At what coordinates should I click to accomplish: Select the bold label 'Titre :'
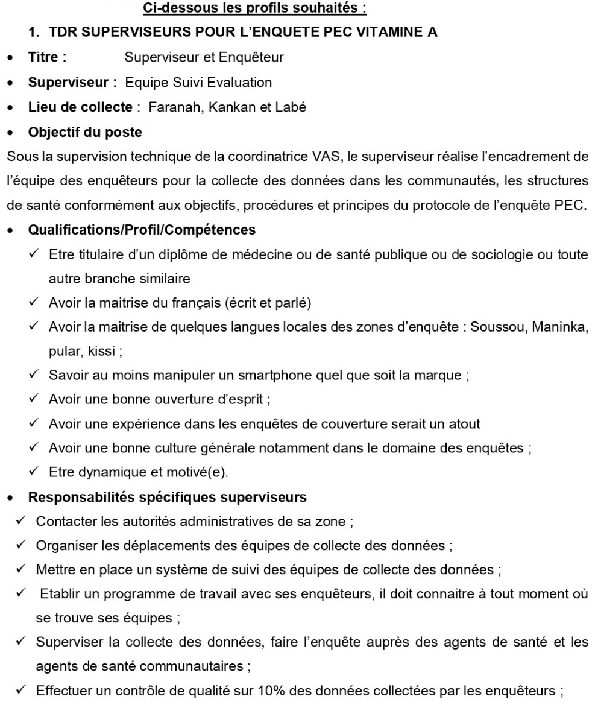point(47,58)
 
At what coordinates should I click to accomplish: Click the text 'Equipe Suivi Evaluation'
point(198,83)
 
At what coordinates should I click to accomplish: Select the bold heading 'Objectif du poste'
point(84,132)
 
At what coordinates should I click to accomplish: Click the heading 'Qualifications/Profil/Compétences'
point(142,230)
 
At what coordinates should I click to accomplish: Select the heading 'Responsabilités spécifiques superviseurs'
point(168,498)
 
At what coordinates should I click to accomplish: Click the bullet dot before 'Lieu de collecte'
point(10,108)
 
